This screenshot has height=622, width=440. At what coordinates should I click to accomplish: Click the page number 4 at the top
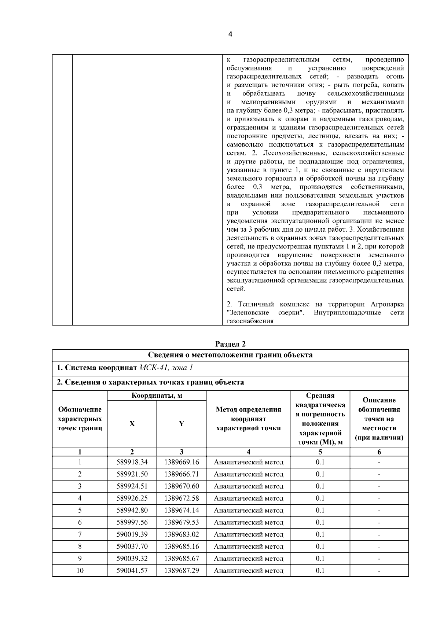click(x=230, y=34)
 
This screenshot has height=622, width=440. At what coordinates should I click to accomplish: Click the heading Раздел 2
click(x=230, y=344)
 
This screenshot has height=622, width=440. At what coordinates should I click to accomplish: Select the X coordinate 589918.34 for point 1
click(x=132, y=462)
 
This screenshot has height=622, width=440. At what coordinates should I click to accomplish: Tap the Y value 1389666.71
click(x=181, y=474)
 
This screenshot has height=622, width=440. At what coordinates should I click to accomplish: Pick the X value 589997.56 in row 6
click(x=132, y=522)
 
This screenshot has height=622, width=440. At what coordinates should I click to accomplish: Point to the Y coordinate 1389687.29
click(x=181, y=571)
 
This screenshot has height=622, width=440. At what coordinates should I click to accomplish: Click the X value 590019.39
click(x=132, y=534)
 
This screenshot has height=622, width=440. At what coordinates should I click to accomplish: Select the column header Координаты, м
click(x=157, y=395)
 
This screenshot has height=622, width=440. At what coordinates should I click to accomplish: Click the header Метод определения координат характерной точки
click(x=249, y=419)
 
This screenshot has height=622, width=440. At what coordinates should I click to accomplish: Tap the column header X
click(x=132, y=424)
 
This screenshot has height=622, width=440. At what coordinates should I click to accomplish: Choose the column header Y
click(x=181, y=424)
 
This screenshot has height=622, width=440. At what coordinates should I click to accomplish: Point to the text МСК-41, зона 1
click(x=166, y=368)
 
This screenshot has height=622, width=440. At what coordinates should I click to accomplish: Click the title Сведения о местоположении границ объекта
click(x=230, y=355)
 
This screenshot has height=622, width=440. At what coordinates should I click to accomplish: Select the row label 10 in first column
click(x=80, y=571)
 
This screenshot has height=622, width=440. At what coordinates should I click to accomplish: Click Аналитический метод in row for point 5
click(x=249, y=510)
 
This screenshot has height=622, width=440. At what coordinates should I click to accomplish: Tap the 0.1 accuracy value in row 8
click(x=320, y=546)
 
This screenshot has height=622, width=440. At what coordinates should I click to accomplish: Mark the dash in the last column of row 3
click(x=379, y=486)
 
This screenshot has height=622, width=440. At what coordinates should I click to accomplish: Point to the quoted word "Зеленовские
click(x=248, y=313)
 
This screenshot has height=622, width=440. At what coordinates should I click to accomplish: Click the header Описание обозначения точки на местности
click(x=379, y=419)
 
